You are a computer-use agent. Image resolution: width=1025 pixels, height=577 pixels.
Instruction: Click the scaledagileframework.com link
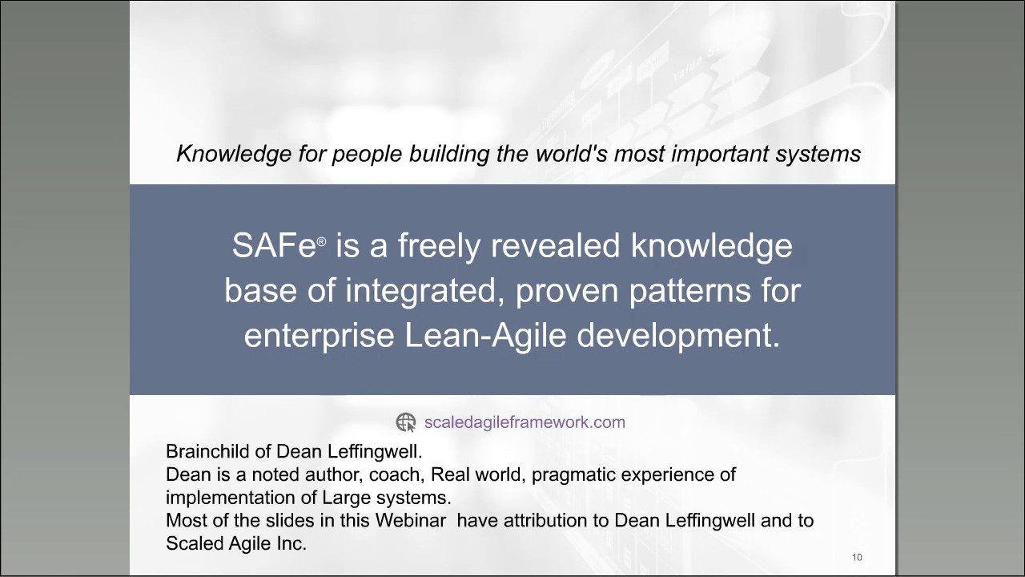(525, 422)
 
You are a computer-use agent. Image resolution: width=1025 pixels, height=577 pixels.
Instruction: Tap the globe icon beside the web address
(406, 422)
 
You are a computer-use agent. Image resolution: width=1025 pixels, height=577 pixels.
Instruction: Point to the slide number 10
(857, 557)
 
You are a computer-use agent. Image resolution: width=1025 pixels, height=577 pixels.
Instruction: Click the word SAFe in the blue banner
(274, 246)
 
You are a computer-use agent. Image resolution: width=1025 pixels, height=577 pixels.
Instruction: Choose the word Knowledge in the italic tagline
(219, 153)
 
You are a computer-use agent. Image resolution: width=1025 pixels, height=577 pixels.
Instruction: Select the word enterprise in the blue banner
(319, 336)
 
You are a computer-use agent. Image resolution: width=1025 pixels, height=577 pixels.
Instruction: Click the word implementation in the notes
(224, 497)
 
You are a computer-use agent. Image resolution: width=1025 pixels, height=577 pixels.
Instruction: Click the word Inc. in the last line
(292, 543)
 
